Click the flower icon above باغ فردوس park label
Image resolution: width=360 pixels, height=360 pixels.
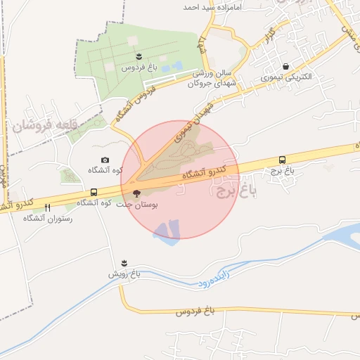[x=139, y=56]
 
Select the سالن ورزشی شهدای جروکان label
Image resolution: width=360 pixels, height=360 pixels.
[x=214, y=77]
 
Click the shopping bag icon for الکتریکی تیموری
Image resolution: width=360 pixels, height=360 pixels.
[x=285, y=66]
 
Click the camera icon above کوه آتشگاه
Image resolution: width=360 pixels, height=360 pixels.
[x=105, y=160]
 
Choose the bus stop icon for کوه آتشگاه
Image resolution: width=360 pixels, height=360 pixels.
[x=94, y=192]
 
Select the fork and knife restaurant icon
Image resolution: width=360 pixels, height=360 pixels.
[x=48, y=207]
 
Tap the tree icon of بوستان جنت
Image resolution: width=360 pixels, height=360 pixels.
[x=136, y=192]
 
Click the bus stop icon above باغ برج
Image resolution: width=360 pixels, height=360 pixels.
[x=283, y=160]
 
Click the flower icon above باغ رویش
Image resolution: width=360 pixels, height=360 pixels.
[x=124, y=262]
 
